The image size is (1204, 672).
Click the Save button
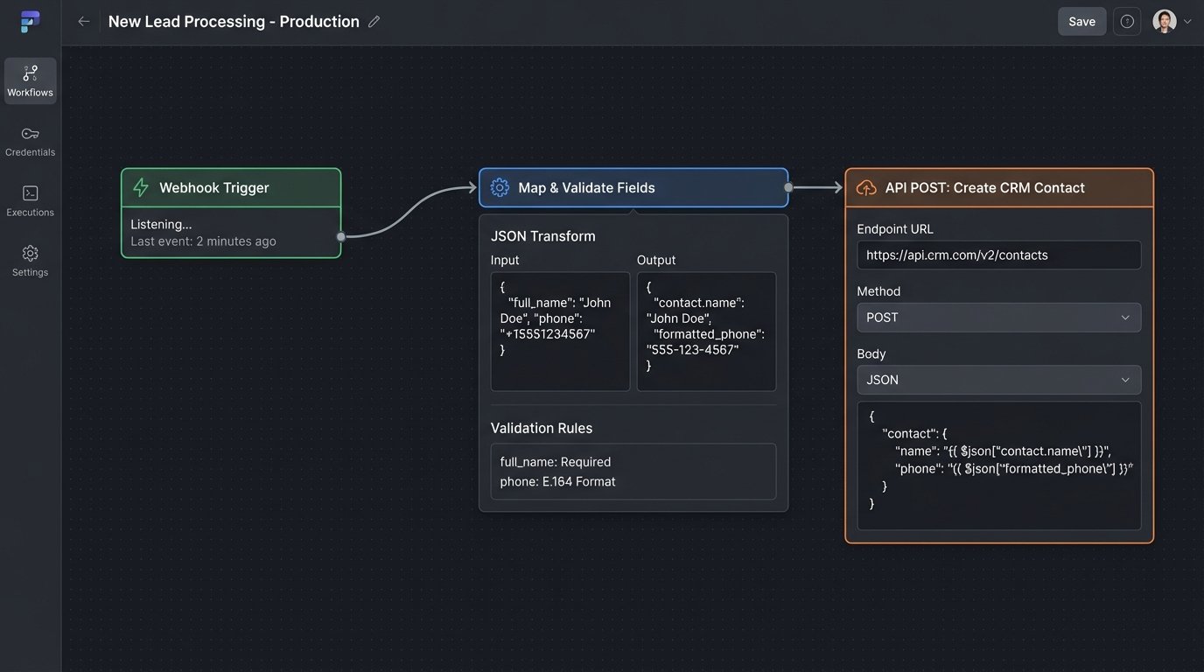(1081, 22)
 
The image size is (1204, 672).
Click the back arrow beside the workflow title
(84, 22)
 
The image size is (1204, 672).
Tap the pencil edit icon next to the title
(374, 22)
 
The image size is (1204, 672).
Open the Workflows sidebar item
(31, 81)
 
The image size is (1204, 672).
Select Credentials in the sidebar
(31, 142)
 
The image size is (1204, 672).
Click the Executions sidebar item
(31, 201)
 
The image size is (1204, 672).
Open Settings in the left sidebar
(31, 262)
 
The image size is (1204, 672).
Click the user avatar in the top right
(1164, 22)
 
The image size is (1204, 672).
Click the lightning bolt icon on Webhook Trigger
(140, 187)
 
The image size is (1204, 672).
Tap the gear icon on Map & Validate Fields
(500, 187)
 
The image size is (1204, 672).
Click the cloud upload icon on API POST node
(866, 187)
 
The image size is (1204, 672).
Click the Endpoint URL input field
(998, 255)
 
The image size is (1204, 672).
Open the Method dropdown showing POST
(998, 318)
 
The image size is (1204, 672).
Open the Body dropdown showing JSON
(998, 380)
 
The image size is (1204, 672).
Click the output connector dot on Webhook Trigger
(341, 236)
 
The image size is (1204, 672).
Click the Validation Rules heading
(542, 428)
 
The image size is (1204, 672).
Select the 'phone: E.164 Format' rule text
(557, 481)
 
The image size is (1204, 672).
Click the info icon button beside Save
(1127, 22)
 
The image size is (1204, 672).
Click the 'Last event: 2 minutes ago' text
(203, 241)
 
